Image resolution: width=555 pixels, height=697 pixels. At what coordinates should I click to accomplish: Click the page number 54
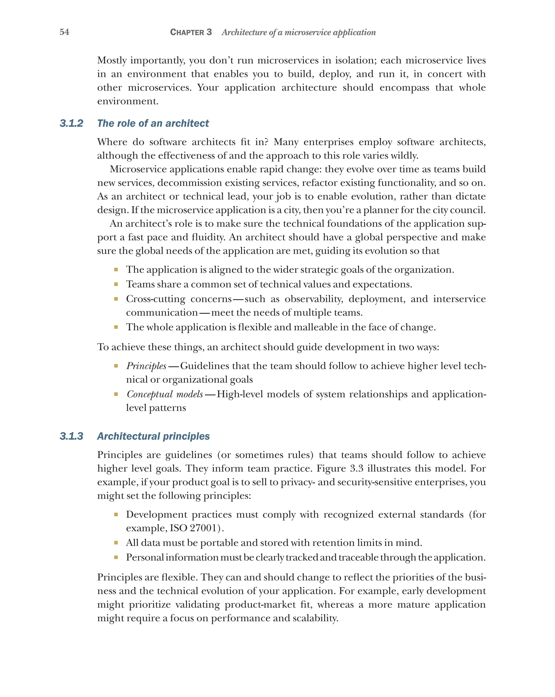click(64, 32)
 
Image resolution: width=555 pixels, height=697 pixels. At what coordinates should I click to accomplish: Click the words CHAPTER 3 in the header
click(191, 32)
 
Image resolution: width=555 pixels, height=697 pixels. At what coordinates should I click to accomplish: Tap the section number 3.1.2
click(71, 123)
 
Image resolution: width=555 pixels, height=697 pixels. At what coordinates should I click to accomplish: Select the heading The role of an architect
click(153, 123)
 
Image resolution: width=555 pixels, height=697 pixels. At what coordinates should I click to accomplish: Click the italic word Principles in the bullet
click(146, 366)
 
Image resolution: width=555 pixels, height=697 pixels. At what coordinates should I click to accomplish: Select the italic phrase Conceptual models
click(165, 394)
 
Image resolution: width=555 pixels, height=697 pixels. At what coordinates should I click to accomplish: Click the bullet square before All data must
click(116, 543)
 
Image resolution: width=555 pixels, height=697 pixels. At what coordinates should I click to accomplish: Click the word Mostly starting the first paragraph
click(112, 61)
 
